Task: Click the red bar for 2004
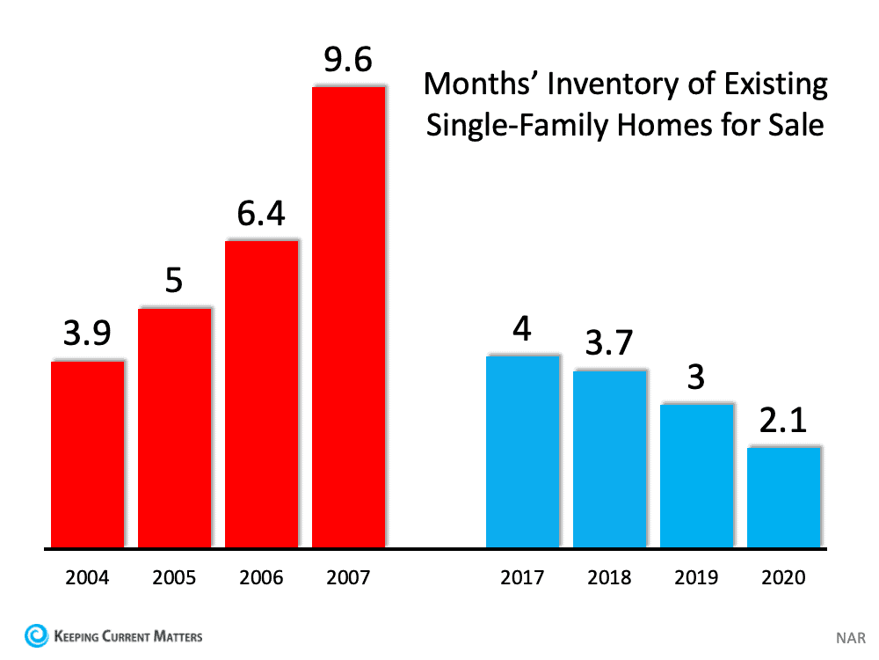pos(87,454)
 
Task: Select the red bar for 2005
pos(174,428)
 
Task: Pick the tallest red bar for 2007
pos(348,317)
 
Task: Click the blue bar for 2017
pos(522,451)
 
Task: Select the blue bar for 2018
pos(609,458)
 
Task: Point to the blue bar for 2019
pos(696,475)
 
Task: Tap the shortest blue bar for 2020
pos(783,497)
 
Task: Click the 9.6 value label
pos(348,61)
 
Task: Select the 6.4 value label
pos(261,214)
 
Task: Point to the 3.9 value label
pos(87,335)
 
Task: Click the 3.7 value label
pos(609,344)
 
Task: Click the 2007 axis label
pos(348,578)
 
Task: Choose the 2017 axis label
pos(522,578)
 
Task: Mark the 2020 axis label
pos(783,578)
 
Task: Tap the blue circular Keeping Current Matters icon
pos(35,634)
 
